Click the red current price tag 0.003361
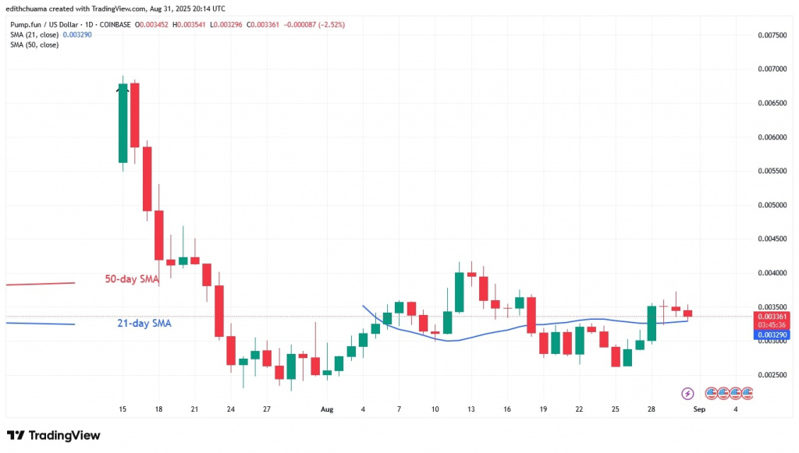[x=770, y=317]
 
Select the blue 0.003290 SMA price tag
[x=770, y=334]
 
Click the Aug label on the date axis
[x=326, y=409]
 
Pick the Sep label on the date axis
[x=701, y=409]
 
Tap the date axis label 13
[x=471, y=409]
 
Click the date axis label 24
[x=230, y=409]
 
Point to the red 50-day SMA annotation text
[x=132, y=278]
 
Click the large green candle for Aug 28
[x=652, y=324]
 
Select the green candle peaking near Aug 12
[x=460, y=292]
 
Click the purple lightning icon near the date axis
[x=687, y=394]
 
